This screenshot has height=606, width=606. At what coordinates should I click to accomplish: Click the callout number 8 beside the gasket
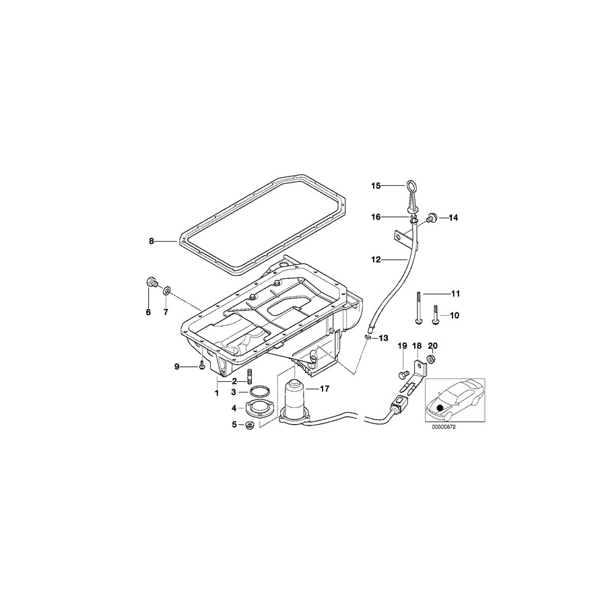coord(152,240)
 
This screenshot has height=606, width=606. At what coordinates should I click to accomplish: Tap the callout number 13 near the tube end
coord(384,337)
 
